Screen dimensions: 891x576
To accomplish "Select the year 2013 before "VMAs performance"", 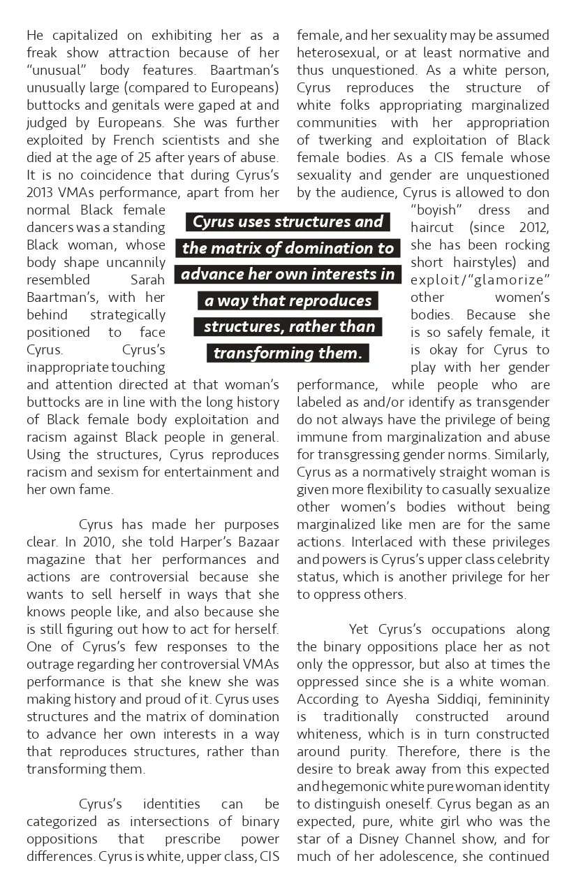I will (x=40, y=192).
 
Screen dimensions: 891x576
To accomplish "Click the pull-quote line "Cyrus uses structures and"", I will (x=288, y=222).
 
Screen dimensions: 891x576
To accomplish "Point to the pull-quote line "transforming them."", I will (x=288, y=353).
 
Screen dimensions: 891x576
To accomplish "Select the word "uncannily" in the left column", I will (x=136, y=262).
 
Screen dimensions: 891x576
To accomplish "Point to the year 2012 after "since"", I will (x=534, y=227).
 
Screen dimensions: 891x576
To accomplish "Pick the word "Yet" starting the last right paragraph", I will (x=359, y=629).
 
